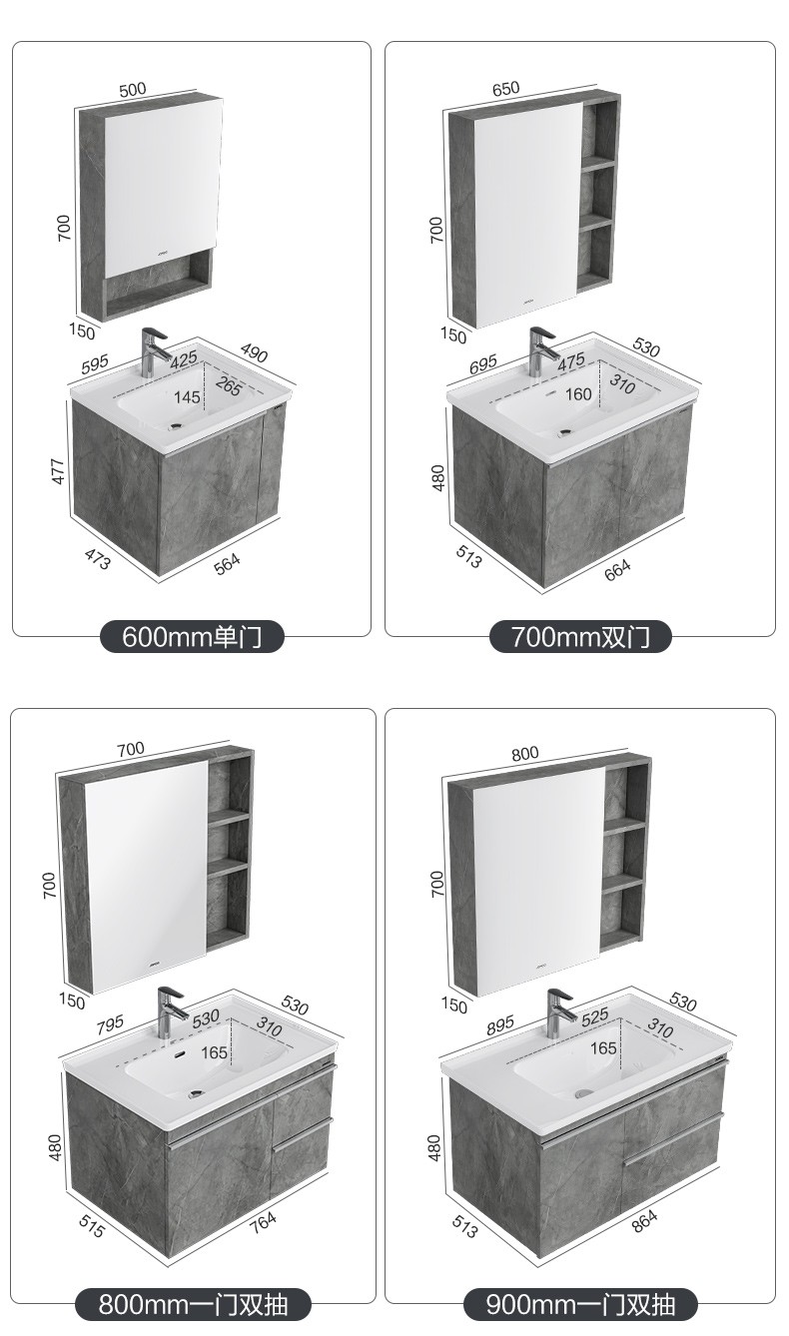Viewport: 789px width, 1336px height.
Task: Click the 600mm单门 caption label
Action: pos(192,636)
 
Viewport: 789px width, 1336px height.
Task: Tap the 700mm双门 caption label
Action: pos(580,636)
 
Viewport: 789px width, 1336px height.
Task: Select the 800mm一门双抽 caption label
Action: pos(193,1304)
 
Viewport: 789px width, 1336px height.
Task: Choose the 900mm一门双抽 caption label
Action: pos(580,1304)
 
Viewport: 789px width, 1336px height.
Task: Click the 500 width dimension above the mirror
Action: pos(133,90)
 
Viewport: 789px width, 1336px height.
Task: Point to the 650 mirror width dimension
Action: pos(505,89)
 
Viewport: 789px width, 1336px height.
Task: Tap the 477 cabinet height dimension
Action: pos(58,471)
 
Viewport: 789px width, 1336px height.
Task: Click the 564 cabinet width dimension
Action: pos(228,564)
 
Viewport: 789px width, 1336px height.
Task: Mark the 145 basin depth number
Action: pos(187,396)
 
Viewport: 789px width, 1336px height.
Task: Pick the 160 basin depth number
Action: pos(578,394)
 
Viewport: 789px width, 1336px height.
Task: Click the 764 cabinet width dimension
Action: pos(263,1224)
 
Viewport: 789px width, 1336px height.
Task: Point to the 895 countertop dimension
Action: pos(499,1024)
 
